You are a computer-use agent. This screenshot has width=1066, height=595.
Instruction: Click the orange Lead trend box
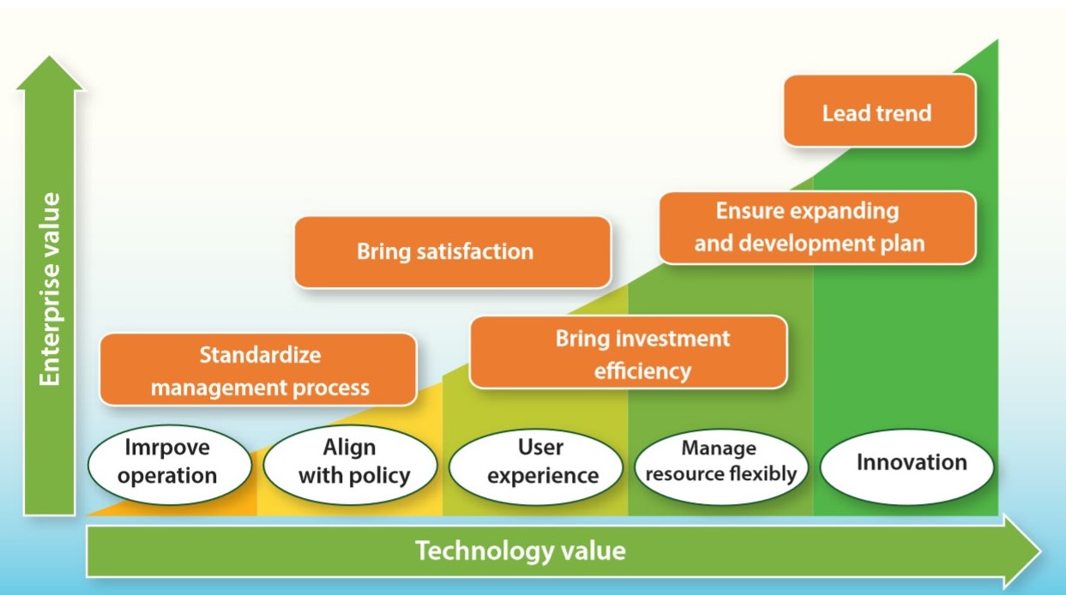tap(879, 111)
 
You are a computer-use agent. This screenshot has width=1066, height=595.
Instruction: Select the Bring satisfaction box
tap(452, 252)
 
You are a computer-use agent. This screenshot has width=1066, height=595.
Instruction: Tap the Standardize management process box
tap(258, 370)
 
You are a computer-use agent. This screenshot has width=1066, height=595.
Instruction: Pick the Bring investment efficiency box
tap(628, 352)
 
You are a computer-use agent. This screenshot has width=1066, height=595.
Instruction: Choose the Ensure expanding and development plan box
tap(817, 228)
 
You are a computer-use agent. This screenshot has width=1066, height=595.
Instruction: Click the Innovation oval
tap(907, 466)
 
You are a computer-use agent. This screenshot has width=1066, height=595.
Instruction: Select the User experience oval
tap(536, 466)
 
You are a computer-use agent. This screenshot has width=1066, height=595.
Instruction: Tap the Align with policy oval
tap(350, 465)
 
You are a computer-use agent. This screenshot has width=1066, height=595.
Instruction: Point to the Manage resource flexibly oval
tap(721, 466)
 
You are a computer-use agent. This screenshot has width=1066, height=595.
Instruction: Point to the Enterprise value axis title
tap(50, 289)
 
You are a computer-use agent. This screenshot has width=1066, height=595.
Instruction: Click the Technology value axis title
tap(521, 550)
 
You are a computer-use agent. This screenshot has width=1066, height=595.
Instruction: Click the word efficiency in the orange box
tap(642, 371)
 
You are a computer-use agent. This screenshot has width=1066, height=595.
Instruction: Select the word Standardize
tap(261, 355)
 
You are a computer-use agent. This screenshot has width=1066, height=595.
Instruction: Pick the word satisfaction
tap(475, 251)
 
